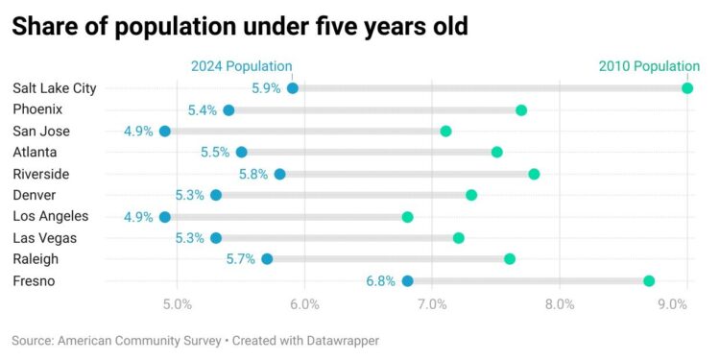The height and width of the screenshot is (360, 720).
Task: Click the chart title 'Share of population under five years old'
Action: [x=240, y=27]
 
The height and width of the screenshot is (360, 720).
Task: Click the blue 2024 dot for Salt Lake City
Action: [x=293, y=88]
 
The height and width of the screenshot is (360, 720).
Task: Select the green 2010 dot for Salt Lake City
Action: [x=687, y=88]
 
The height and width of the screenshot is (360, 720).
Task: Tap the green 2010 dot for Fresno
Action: [x=649, y=281]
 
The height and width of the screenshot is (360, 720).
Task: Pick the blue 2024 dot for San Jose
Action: [x=165, y=132]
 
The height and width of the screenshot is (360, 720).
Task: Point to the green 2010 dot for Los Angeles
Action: [x=407, y=217]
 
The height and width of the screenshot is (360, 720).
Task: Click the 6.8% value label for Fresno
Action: [x=381, y=281]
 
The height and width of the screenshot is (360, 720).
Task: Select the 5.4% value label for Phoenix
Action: [x=203, y=110]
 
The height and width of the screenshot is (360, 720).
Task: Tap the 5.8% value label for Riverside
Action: [x=253, y=175]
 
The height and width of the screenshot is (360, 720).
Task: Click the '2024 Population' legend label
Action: [x=241, y=66]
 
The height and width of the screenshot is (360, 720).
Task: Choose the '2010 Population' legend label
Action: [x=649, y=66]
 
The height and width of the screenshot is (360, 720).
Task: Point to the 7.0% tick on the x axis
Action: [x=432, y=304]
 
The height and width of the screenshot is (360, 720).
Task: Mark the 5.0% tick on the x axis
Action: [x=178, y=304]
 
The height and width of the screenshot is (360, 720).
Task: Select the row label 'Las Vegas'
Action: [x=44, y=238]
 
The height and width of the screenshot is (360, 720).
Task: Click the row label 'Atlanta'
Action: [x=36, y=153]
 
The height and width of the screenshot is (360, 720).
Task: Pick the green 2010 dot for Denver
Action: [x=471, y=196]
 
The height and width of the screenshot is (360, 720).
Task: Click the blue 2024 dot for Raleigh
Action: [x=267, y=259]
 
